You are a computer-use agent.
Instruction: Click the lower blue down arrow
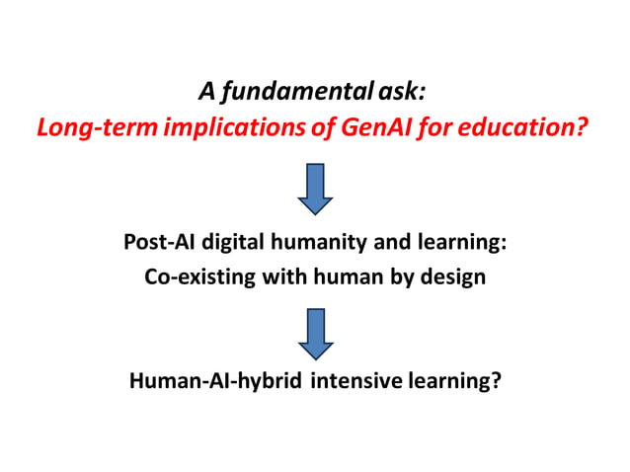(x=315, y=333)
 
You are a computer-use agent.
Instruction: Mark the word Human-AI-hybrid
(x=215, y=381)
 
